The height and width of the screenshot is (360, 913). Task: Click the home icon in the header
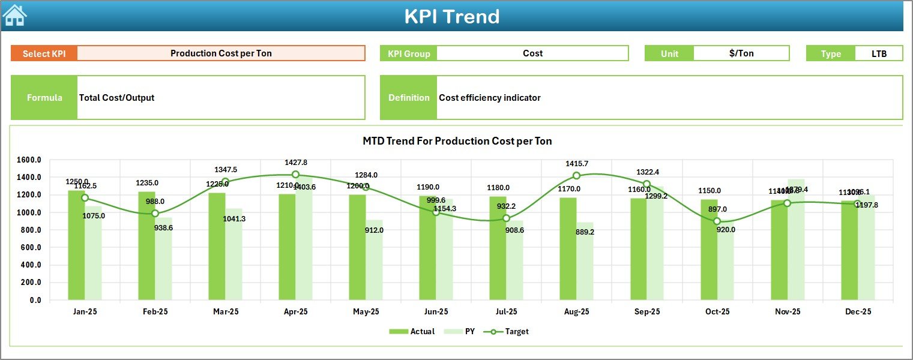[15, 16]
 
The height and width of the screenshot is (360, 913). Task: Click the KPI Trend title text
[451, 16]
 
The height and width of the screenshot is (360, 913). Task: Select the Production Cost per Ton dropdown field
[221, 53]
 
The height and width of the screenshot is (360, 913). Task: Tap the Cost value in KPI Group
[532, 53]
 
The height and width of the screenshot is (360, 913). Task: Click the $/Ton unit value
[741, 53]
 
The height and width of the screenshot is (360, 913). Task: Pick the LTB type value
[879, 53]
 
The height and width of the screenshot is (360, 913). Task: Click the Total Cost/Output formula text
[116, 98]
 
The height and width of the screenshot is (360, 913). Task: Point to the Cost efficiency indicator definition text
[489, 98]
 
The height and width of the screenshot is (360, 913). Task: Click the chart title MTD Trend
[457, 141]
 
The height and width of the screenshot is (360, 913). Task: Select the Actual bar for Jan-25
[76, 246]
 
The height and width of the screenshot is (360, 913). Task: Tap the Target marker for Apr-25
[295, 175]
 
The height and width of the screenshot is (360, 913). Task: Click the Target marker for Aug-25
[576, 176]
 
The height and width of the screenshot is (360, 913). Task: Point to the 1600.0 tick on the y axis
[29, 160]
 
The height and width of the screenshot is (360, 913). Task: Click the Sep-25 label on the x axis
[646, 312]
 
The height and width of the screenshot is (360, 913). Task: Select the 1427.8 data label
[295, 163]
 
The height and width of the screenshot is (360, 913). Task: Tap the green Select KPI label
[44, 53]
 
